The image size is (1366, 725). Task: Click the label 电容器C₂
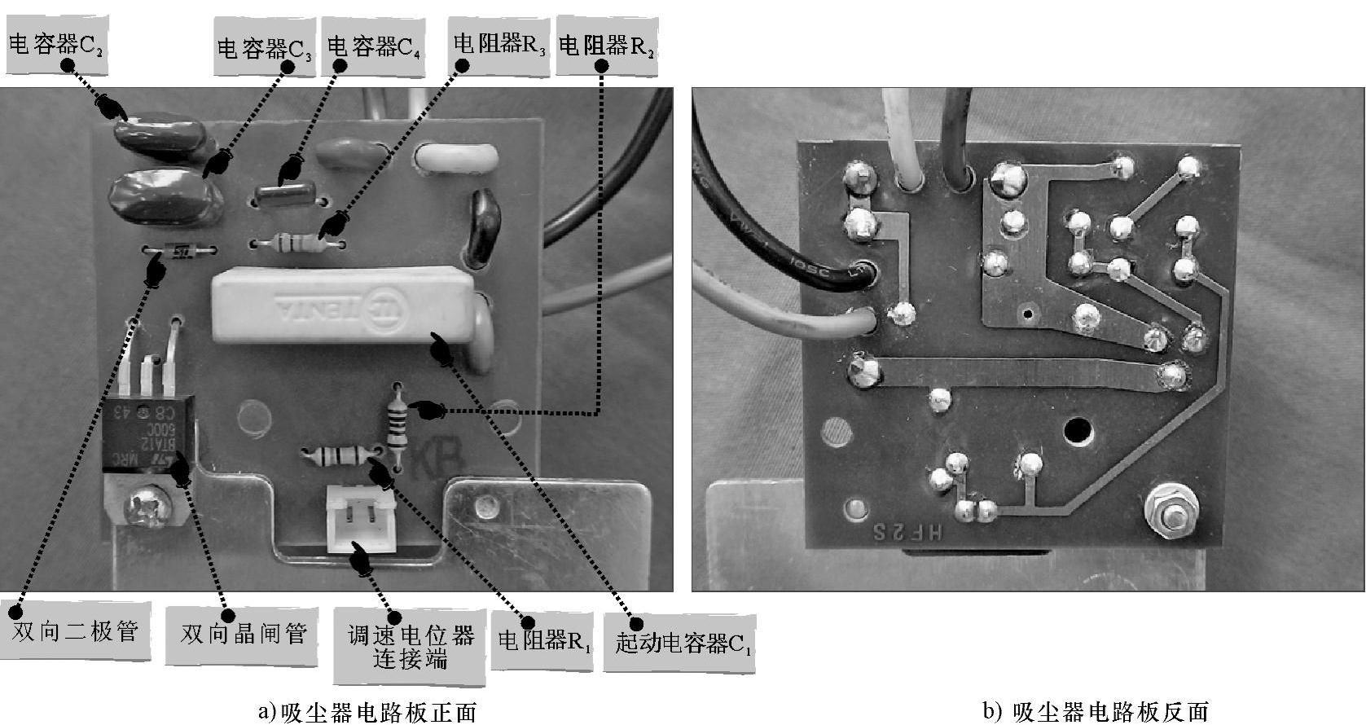56,46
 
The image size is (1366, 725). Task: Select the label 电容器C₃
265,49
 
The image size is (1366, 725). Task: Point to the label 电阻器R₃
499,45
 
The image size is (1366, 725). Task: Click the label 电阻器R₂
606,46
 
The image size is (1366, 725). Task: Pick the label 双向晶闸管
244,633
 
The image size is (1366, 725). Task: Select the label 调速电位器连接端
410,646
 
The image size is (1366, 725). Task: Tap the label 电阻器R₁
544,640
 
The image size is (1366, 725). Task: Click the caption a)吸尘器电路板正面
367,712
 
